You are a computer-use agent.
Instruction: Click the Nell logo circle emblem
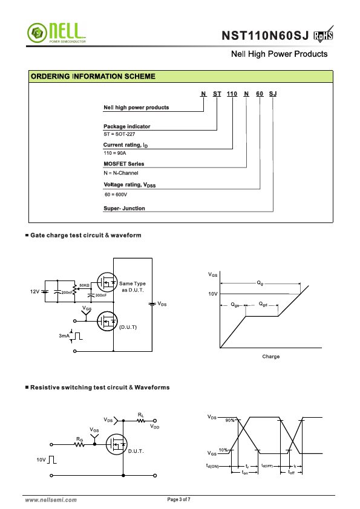[37, 33]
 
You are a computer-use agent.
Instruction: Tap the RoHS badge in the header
[324, 34]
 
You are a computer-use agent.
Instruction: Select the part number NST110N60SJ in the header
[265, 36]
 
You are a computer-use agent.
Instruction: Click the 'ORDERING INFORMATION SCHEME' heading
[93, 76]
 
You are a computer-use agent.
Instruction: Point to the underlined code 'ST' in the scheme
[217, 94]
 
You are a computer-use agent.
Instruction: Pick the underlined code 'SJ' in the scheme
[273, 94]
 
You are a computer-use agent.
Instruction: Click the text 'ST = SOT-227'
[119, 134]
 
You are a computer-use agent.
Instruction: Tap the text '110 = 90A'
[115, 153]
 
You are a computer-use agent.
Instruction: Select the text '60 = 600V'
[116, 195]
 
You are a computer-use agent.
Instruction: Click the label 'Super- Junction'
[124, 209]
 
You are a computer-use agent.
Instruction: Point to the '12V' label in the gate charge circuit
[34, 291]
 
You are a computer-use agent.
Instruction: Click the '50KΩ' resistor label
[84, 285]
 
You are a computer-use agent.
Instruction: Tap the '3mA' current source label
[64, 336]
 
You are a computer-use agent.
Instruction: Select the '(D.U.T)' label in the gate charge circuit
[128, 327]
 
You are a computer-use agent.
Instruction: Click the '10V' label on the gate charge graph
[213, 294]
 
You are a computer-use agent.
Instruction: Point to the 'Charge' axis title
[271, 357]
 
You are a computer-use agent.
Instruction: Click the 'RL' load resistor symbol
[141, 421]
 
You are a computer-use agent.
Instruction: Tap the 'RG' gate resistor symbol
[80, 444]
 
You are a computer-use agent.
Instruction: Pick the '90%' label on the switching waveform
[230, 420]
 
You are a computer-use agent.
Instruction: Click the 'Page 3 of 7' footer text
[178, 499]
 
